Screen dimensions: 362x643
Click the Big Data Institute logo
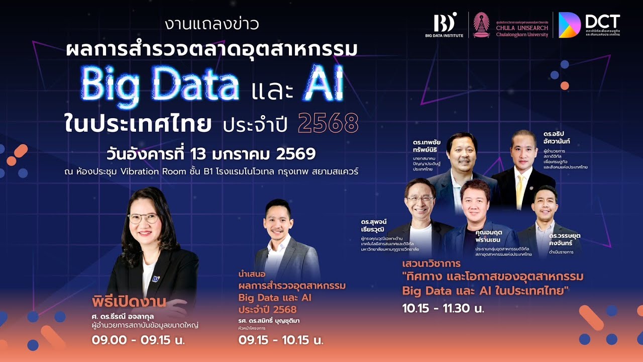tap(446, 25)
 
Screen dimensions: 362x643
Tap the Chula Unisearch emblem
tap(481, 25)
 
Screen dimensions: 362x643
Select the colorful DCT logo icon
tap(570, 25)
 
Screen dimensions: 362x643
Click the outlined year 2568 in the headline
tap(328, 124)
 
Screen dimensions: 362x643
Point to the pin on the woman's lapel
tap(156, 278)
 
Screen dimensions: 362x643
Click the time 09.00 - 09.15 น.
tap(138, 340)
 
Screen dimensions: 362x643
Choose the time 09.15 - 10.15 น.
tap(281, 340)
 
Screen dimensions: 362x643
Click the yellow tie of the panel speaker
tap(519, 187)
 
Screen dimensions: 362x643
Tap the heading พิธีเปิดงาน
tap(129, 302)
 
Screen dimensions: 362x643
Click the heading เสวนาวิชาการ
tap(432, 263)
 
